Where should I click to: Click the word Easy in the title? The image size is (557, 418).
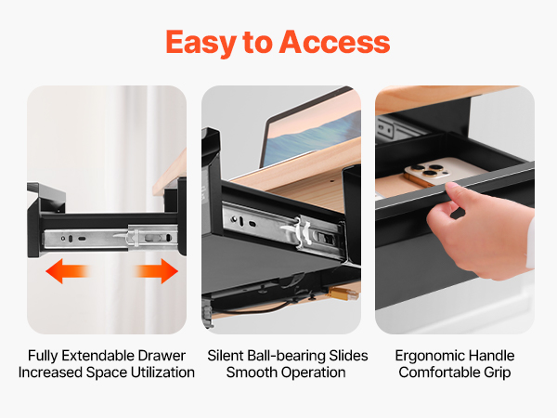[x=201, y=44]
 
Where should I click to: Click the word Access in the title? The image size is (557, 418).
[x=334, y=43]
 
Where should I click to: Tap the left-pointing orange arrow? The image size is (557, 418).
[x=68, y=271]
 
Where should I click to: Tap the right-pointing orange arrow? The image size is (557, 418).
[x=156, y=271]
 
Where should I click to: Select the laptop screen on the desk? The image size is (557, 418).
[x=313, y=137]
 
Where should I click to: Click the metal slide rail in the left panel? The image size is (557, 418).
[x=110, y=237]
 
